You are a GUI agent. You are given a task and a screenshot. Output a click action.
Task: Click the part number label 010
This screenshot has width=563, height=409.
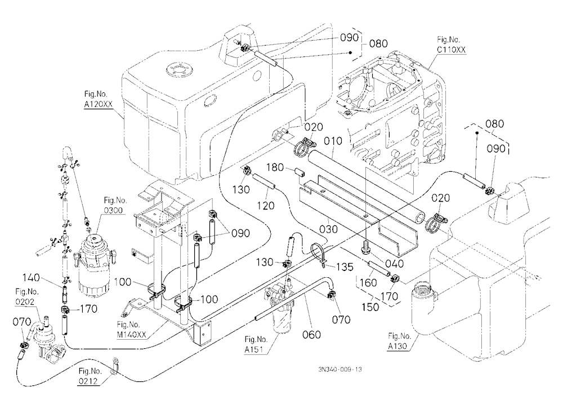(333, 141)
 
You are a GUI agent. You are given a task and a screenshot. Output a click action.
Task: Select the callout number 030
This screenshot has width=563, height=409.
(328, 229)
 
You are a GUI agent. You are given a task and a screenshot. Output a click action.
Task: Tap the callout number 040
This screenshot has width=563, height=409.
(394, 264)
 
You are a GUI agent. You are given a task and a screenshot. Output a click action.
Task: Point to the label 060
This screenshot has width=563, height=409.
(312, 335)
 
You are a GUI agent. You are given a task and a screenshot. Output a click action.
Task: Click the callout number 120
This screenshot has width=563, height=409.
(265, 206)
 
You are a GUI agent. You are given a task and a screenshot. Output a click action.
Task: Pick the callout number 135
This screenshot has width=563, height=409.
(345, 267)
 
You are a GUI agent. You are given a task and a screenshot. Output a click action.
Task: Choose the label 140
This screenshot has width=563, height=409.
(32, 278)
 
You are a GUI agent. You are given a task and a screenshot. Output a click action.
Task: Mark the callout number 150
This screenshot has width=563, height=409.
(370, 306)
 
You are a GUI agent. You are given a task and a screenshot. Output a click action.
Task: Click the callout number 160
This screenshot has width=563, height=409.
(368, 282)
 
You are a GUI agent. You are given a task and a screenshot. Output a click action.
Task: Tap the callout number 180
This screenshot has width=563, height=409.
(275, 167)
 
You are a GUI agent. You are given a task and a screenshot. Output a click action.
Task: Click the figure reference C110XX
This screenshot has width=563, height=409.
(452, 50)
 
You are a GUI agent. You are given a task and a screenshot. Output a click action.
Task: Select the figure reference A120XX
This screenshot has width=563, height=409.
(99, 104)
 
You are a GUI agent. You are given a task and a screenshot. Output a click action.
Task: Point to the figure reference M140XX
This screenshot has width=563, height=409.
(132, 335)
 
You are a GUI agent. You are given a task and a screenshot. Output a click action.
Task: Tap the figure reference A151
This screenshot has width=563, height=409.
(256, 349)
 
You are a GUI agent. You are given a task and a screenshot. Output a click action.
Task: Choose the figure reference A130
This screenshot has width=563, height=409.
(397, 346)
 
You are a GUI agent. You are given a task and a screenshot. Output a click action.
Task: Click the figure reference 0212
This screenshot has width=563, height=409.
(88, 381)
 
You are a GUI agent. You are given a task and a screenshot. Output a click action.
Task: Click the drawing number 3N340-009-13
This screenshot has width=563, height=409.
(339, 369)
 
